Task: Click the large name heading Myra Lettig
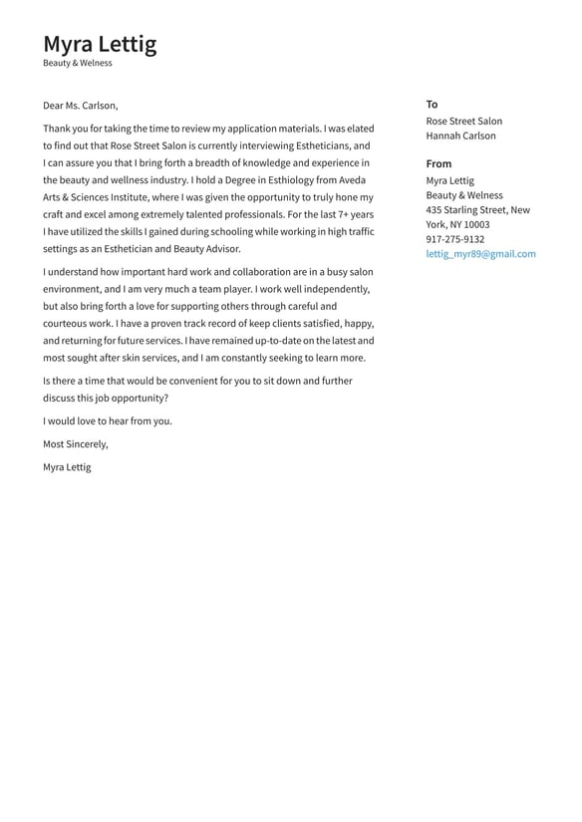[x=100, y=44]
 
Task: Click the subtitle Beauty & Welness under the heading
[x=78, y=63]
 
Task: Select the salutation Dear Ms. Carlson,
[x=80, y=106]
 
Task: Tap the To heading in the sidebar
[x=432, y=105]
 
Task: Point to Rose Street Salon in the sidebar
[x=464, y=122]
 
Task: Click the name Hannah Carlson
[x=460, y=137]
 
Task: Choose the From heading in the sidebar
[x=438, y=163]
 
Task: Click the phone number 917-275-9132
[x=455, y=239]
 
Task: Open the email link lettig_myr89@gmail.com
[x=480, y=254]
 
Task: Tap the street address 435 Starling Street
[x=467, y=210]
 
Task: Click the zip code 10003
[x=476, y=225]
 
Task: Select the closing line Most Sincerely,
[x=76, y=444]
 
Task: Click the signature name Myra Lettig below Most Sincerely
[x=67, y=467]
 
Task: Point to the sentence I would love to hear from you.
[x=108, y=421]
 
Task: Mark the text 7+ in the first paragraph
[x=329, y=214]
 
